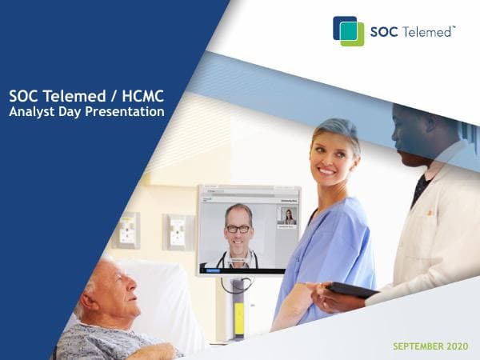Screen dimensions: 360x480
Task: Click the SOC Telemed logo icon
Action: tap(348, 30)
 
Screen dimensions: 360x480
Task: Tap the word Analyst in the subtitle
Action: tap(34, 112)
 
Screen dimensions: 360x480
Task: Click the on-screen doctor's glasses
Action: tap(238, 227)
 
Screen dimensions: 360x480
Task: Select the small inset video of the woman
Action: tap(286, 218)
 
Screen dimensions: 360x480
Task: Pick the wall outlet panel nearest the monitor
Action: tap(177, 232)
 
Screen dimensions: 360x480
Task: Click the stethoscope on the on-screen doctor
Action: tap(238, 260)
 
